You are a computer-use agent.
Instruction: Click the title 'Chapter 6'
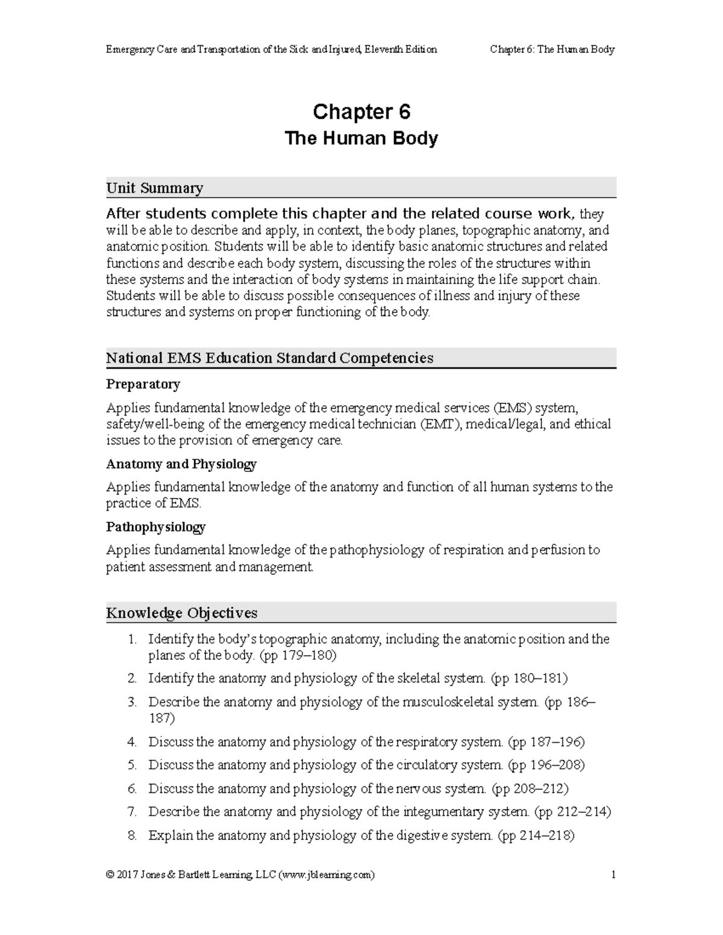361,112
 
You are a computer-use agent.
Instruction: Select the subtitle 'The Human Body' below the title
361,138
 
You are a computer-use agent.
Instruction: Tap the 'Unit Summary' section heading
154,188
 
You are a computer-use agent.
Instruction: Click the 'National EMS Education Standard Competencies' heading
269,358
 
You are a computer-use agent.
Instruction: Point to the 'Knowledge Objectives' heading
181,613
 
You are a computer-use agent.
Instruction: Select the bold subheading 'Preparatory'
143,384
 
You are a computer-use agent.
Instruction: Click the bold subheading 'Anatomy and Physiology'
181,464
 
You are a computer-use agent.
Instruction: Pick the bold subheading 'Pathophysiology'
155,527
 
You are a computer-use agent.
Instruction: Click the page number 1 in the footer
613,875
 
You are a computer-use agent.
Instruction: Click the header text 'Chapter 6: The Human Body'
552,49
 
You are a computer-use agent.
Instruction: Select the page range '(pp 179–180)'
301,655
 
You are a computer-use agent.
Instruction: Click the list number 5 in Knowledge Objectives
133,765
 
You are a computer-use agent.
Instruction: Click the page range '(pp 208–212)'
530,788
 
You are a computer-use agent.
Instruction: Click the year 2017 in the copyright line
127,875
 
